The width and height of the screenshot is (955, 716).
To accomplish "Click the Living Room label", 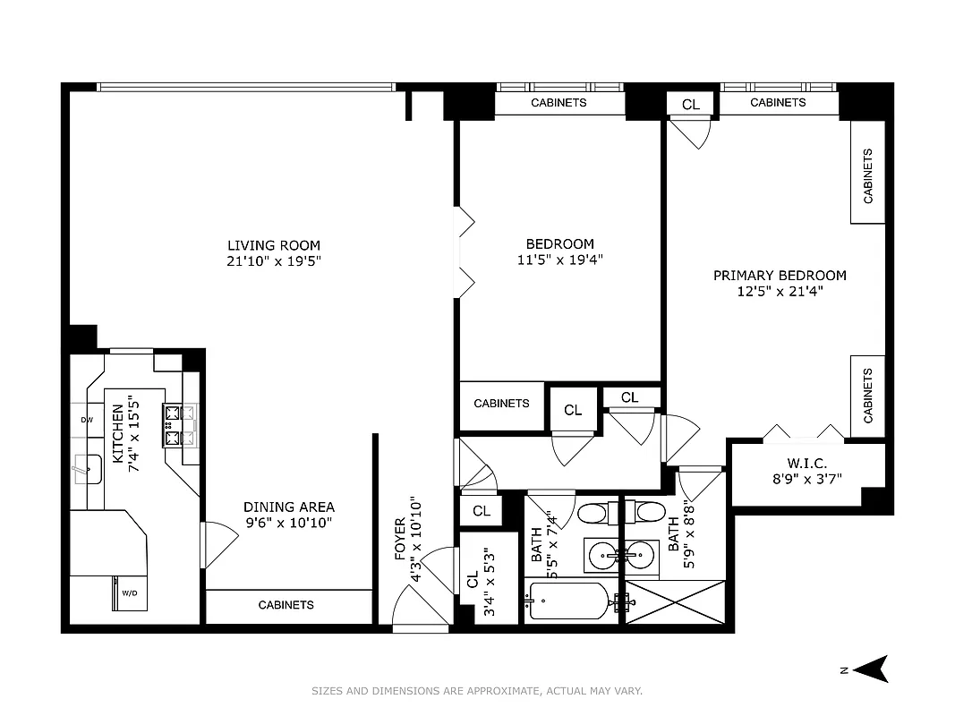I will tap(273, 245).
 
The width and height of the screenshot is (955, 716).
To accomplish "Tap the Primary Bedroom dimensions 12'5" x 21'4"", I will tap(780, 291).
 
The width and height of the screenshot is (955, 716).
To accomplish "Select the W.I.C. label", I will tap(807, 463).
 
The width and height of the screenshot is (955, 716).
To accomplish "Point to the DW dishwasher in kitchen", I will tap(87, 420).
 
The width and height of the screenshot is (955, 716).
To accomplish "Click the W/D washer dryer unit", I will tap(129, 592).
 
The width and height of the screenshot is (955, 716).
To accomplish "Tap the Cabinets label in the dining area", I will tap(286, 605).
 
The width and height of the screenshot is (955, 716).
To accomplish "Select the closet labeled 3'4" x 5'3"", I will tap(489, 578).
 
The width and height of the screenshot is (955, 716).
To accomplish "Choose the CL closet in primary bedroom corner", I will tap(691, 104).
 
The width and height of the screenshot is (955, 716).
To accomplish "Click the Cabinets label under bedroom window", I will tap(559, 103).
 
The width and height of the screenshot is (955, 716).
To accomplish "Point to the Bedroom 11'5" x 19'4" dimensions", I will tap(559, 260).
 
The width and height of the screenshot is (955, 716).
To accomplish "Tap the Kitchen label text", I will tap(117, 433).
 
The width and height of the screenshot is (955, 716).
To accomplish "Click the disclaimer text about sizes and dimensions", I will tap(477, 691).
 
